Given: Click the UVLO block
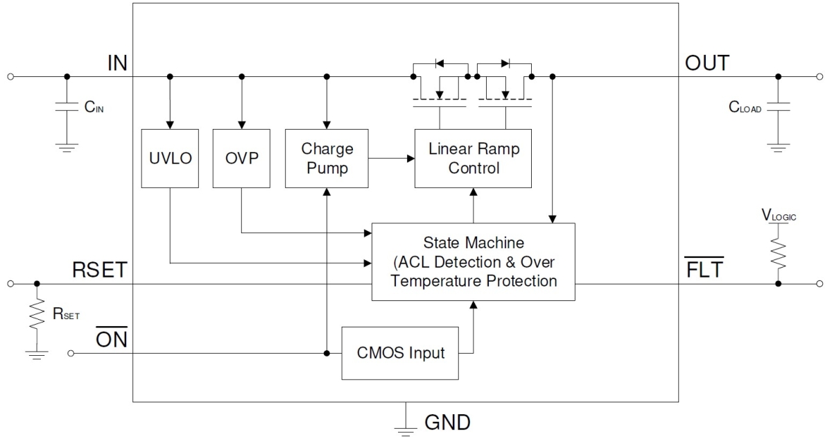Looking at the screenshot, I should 170,158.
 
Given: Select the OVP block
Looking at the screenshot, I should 241,158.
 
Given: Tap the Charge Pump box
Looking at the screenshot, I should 327,158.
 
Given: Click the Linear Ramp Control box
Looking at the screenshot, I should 473,158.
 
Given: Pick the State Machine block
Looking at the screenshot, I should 473,262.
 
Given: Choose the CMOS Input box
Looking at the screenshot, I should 400,353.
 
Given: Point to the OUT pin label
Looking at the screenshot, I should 707,64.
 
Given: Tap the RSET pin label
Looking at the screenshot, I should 99,271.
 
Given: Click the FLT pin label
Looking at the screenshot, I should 704,271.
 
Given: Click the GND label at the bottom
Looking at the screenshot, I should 447,422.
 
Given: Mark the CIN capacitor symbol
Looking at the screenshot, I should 67,108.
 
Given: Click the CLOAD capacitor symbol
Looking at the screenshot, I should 778,108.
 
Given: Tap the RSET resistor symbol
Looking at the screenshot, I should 37,316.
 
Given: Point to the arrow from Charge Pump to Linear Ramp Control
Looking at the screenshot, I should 391,158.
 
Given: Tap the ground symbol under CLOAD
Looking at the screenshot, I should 778,147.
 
